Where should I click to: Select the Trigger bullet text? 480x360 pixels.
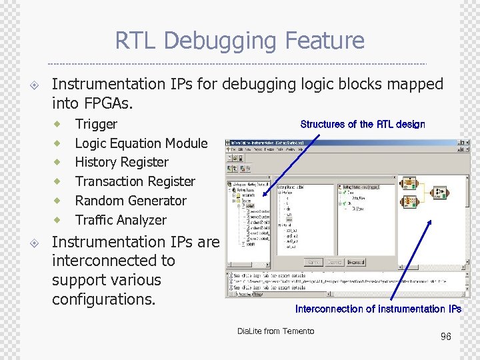tap(96, 124)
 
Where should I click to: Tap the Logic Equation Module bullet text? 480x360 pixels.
tap(141, 143)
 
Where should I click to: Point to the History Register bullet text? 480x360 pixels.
tap(121, 162)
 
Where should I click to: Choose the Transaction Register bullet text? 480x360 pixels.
tap(135, 181)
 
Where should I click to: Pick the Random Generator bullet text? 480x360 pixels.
tap(131, 201)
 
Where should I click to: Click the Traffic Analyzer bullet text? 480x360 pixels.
tap(121, 220)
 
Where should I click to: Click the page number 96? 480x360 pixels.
tap(445, 337)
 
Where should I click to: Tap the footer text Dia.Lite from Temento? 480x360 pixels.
tap(275, 331)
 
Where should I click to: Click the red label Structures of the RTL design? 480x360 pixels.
tap(362, 124)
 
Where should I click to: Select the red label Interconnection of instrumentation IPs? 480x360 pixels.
tap(378, 309)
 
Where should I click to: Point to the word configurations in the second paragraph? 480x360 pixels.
tap(103, 299)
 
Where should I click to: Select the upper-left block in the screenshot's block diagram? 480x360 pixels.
tap(408, 183)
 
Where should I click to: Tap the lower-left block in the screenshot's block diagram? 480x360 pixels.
tap(408, 201)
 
